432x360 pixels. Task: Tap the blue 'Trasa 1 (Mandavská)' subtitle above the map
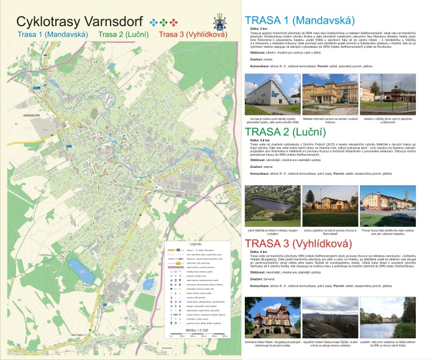(47, 34)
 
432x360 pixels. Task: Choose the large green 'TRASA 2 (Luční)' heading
(286, 132)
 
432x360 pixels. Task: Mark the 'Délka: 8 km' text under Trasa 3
(259, 252)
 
